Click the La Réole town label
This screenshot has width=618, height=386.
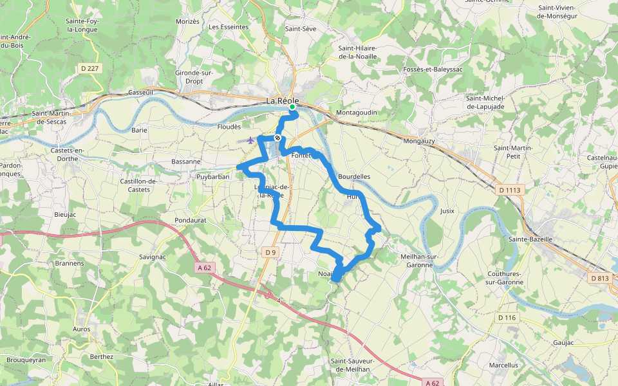(x=283, y=101)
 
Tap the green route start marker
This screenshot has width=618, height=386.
(x=292, y=115)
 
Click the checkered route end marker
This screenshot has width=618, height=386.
(x=277, y=138)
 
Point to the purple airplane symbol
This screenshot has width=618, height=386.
(x=250, y=140)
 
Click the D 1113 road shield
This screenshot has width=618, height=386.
(x=509, y=190)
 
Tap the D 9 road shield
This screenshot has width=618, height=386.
(x=270, y=253)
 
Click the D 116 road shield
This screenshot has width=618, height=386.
(x=507, y=318)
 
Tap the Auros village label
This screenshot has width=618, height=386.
(x=82, y=329)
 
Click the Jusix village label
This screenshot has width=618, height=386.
(x=447, y=210)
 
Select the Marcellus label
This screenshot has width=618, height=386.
(x=503, y=365)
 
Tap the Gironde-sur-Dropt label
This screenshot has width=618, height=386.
(x=194, y=77)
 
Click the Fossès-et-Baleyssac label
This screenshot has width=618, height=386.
(x=432, y=69)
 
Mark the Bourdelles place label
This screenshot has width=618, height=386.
(x=354, y=176)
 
